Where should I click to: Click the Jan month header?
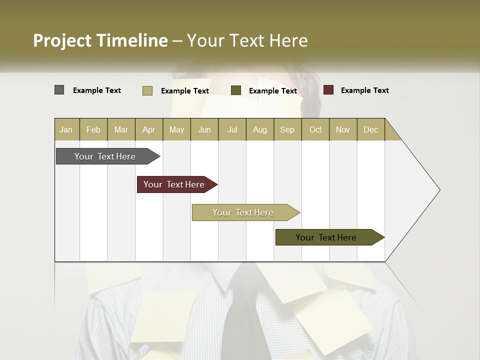(66, 129)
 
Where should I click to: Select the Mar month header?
(121, 129)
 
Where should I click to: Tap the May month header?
(176, 129)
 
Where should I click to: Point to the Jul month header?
(232, 129)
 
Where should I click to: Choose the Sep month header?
(287, 129)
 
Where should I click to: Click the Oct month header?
(315, 129)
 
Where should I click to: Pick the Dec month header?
(370, 129)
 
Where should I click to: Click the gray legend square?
(59, 90)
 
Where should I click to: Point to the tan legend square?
(147, 90)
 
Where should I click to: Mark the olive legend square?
(236, 90)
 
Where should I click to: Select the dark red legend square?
(328, 90)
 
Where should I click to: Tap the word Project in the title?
(62, 40)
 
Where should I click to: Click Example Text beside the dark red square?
(364, 90)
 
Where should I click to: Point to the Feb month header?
(93, 129)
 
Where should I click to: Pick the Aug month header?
(259, 129)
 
